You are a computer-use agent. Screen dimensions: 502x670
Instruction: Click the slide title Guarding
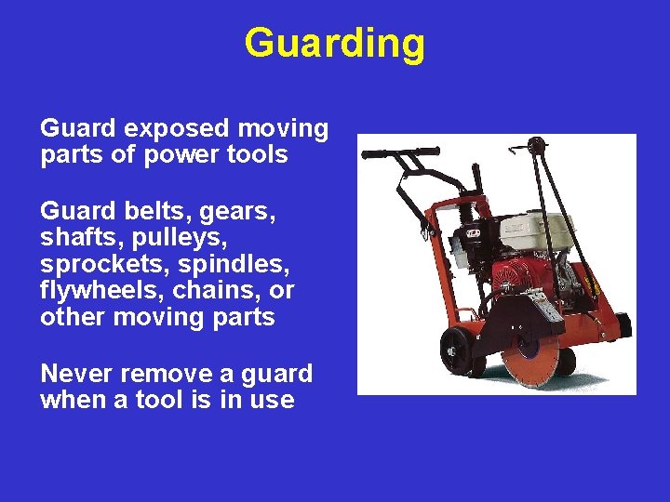click(334, 43)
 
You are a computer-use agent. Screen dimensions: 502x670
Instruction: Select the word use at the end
click(273, 401)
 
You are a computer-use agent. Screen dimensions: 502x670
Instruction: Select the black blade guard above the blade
click(521, 321)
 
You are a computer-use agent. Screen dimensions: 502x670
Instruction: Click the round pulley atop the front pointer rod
click(536, 145)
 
